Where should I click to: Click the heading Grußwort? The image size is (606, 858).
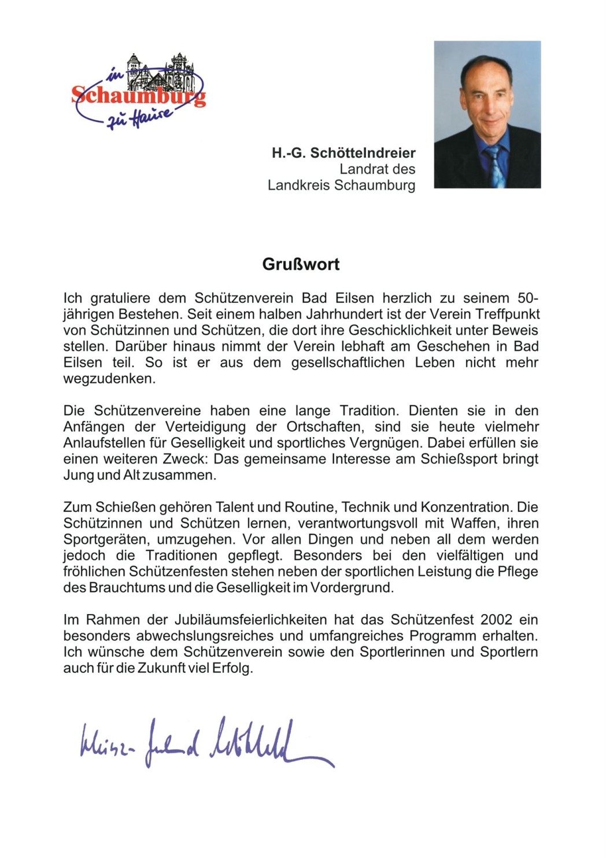[x=301, y=264]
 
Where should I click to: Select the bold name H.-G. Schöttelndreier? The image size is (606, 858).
[x=343, y=153]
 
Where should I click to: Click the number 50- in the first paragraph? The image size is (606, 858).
[x=527, y=298]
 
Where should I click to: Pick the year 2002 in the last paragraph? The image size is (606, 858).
[x=496, y=620]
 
